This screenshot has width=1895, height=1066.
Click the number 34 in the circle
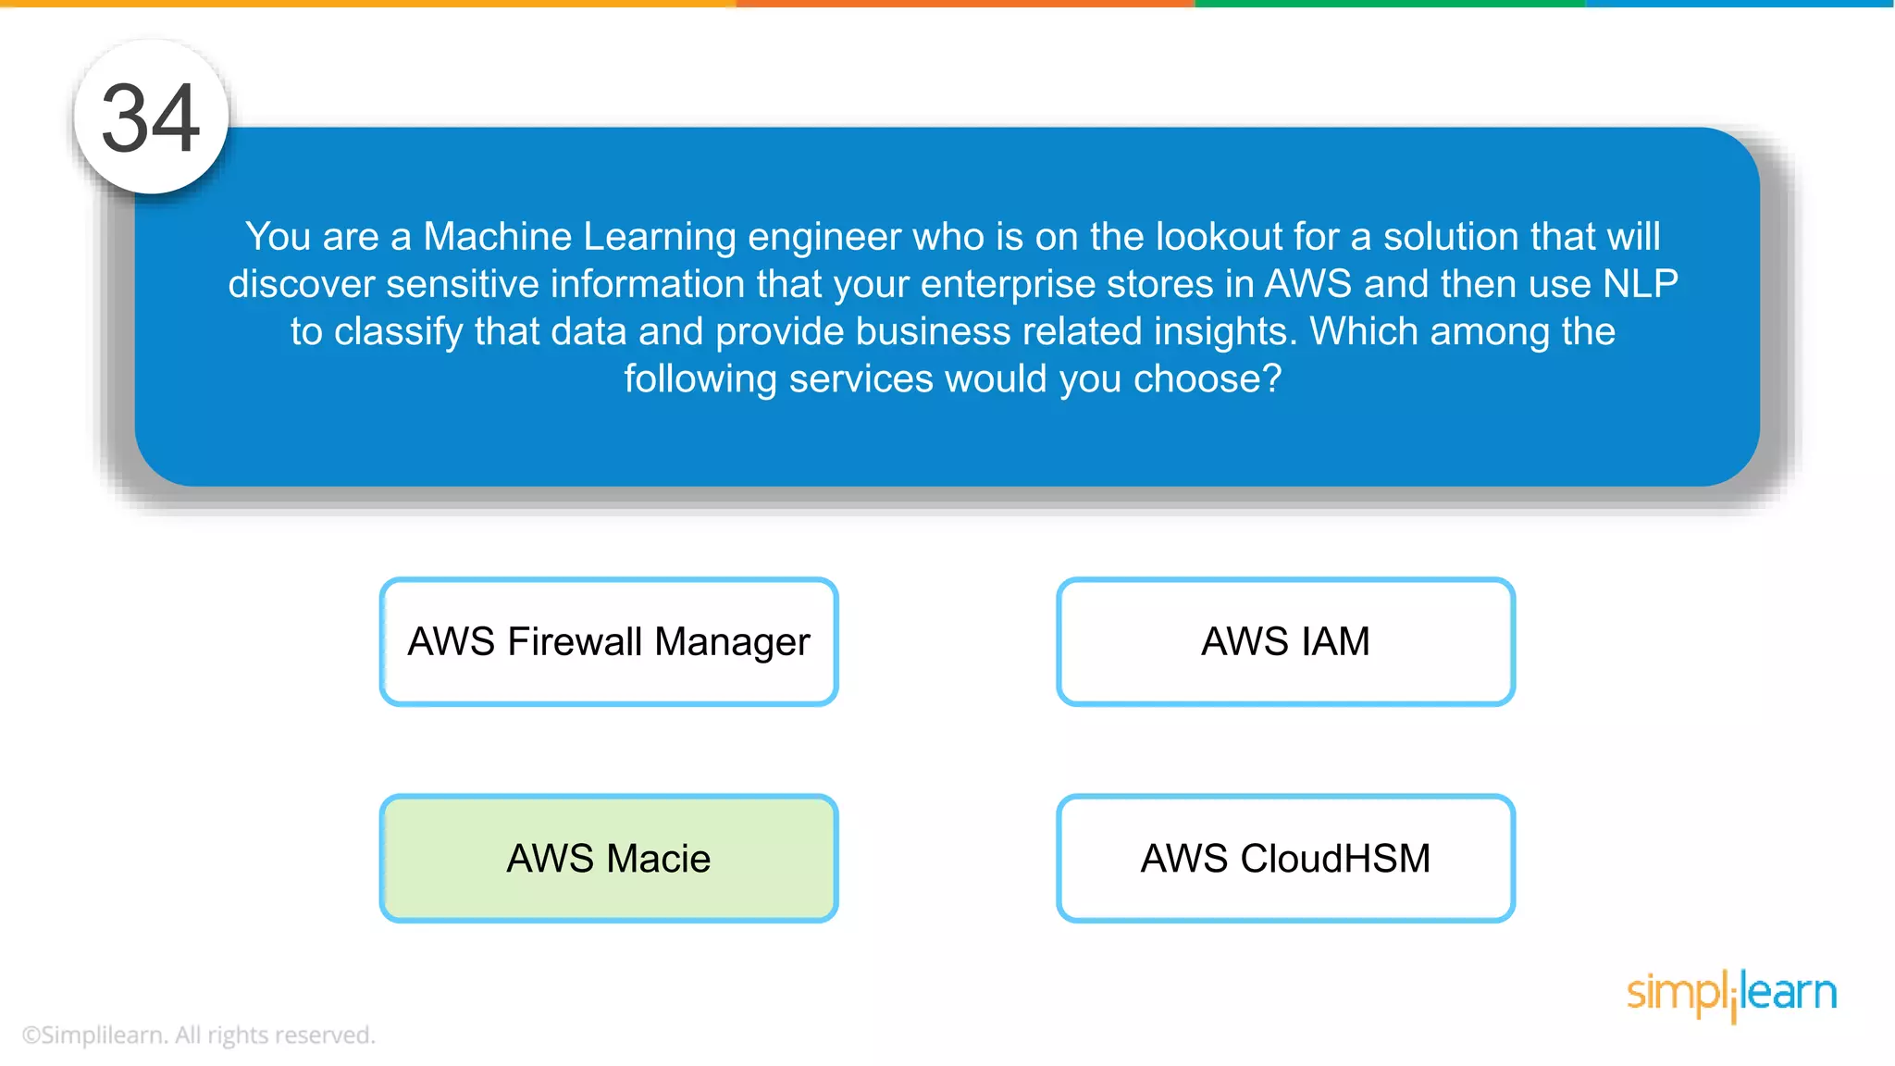[151, 118]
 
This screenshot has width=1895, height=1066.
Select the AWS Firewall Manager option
[608, 641]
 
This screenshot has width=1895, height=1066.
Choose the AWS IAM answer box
[1285, 641]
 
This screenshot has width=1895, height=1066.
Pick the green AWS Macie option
[608, 858]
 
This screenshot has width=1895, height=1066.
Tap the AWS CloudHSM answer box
[1285, 858]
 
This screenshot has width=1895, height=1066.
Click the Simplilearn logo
[1730, 994]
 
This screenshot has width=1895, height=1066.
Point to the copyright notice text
[198, 1035]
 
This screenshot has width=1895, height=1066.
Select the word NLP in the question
[1640, 284]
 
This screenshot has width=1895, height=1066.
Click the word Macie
[659, 859]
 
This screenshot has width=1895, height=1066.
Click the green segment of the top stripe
[1388, 4]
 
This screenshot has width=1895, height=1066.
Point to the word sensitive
[462, 284]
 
